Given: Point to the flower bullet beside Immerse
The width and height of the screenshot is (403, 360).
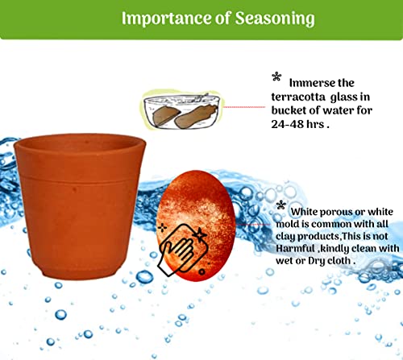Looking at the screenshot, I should point(276,77).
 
